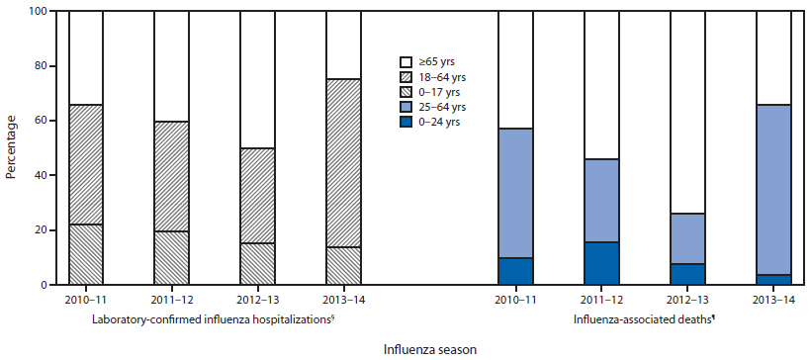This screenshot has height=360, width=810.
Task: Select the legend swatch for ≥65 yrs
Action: click(x=406, y=60)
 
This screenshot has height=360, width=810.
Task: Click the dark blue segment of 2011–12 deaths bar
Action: click(x=601, y=263)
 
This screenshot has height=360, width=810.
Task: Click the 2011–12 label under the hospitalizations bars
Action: click(x=171, y=298)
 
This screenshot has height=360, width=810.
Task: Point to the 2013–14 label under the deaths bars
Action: click(x=772, y=298)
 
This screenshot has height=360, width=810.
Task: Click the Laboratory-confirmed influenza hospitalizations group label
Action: click(x=216, y=319)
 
